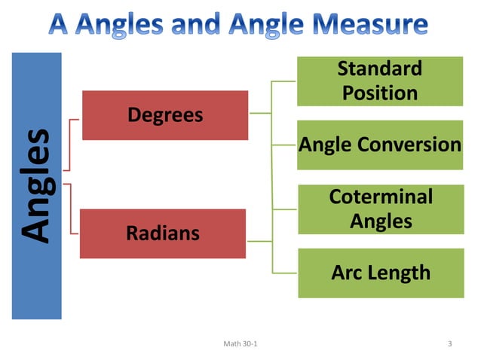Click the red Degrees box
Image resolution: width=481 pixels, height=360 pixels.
coord(164,115)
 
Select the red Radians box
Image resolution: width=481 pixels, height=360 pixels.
coord(163,233)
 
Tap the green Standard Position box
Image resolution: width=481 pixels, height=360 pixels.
coord(379,81)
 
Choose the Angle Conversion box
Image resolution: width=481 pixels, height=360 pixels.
coord(379,144)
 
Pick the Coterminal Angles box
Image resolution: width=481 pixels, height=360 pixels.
coord(380,209)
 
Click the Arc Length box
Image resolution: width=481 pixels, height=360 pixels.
coord(380,272)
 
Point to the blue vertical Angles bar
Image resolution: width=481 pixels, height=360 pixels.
coord(36,185)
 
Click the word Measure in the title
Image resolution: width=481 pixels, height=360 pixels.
coord(369,25)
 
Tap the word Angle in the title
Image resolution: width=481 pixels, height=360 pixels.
coord(264,25)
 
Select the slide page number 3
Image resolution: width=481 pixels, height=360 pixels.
coord(449,344)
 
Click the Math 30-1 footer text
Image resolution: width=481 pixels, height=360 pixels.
coord(240,344)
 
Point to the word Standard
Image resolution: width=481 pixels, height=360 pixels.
coord(379,69)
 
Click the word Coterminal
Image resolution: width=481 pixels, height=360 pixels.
coord(381,197)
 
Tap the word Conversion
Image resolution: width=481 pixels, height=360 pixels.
coord(415,144)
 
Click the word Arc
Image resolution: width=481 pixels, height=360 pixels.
coord(346,272)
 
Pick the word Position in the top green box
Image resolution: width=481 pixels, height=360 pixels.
coord(380,93)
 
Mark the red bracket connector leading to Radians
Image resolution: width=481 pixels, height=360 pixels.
coord(72,207)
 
